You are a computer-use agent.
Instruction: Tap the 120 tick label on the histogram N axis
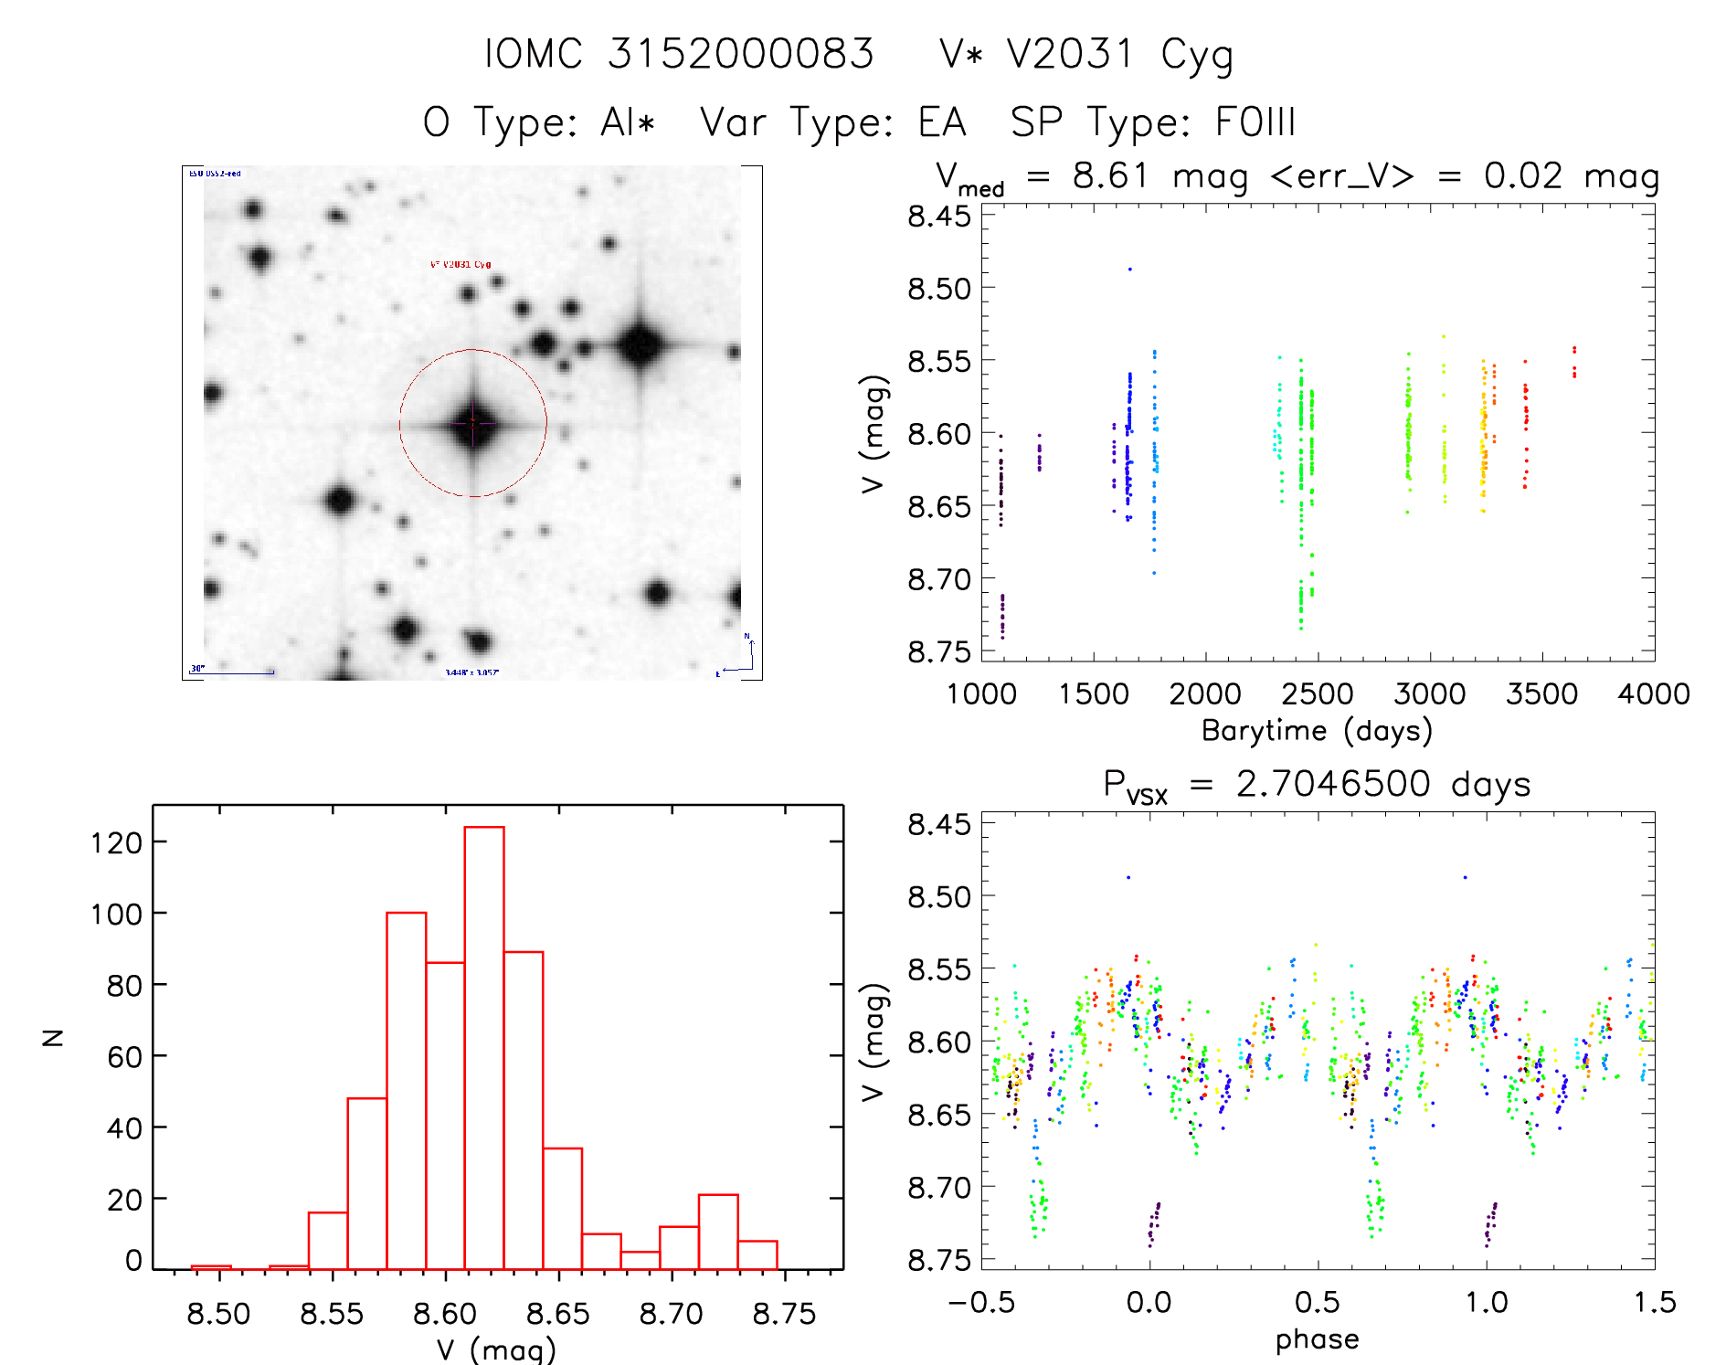(x=116, y=842)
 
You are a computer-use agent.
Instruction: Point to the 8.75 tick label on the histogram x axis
(x=784, y=1314)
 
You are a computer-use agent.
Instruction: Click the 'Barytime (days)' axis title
(x=1317, y=731)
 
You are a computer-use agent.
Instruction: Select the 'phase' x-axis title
(x=1317, y=1339)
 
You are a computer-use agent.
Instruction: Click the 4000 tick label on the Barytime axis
(x=1654, y=694)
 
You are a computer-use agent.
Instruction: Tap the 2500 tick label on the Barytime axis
(x=1318, y=694)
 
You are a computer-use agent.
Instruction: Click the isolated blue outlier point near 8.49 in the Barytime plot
(x=1130, y=270)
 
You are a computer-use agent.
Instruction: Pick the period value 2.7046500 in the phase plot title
(x=1333, y=785)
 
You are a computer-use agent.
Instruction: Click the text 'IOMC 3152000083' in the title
(x=679, y=55)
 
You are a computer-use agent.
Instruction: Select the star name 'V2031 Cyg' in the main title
(x=1119, y=55)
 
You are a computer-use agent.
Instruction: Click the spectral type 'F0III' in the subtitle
(x=1255, y=122)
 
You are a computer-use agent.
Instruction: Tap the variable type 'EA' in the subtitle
(x=941, y=122)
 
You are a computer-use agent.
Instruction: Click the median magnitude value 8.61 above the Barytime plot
(x=1109, y=175)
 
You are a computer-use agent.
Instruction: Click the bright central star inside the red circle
(x=473, y=423)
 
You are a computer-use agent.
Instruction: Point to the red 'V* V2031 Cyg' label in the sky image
(x=461, y=265)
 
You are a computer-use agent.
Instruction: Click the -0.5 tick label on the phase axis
(x=981, y=1303)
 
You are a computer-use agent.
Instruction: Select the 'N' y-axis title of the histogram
(x=54, y=1038)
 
